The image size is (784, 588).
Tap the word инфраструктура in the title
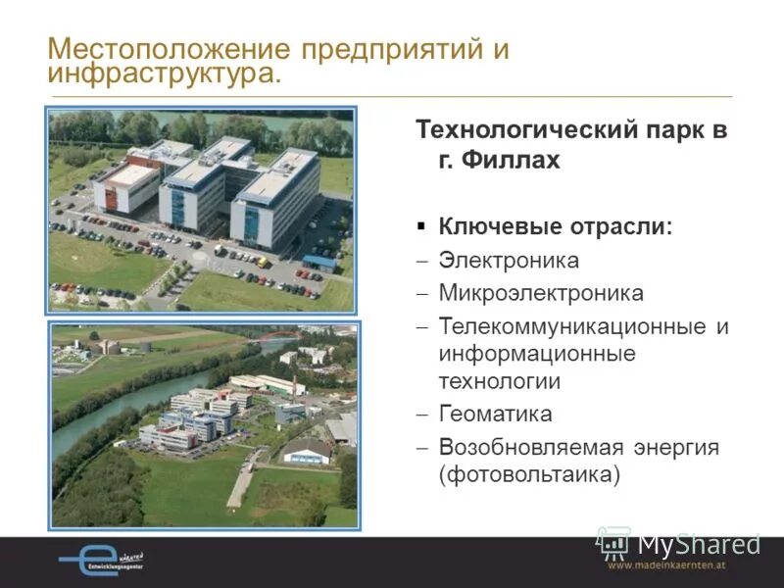[162, 75]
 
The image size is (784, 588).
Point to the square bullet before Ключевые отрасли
[421, 225]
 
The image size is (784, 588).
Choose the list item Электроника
[509, 261]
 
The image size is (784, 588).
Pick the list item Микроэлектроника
[541, 293]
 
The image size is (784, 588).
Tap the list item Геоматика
[495, 414]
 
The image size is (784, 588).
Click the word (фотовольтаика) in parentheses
[530, 475]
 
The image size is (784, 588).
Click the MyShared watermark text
[698, 544]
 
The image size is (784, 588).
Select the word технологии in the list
[500, 381]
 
